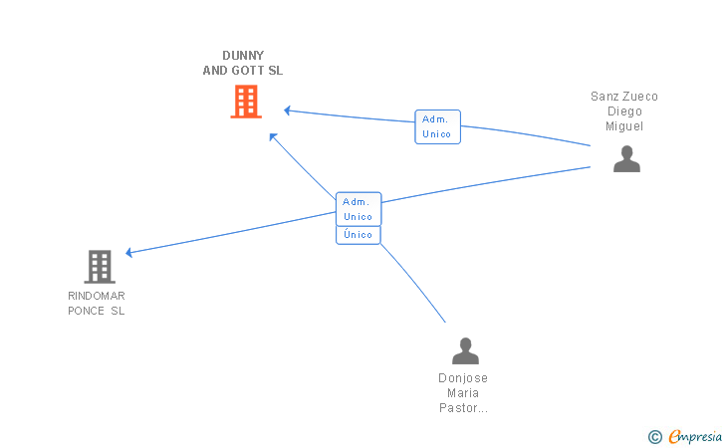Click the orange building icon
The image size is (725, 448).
click(x=246, y=102)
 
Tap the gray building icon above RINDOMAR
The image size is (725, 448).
click(x=100, y=267)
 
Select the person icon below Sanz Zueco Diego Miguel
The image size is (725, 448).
click(x=626, y=158)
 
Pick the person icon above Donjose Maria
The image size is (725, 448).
click(x=465, y=350)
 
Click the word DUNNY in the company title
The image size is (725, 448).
click(x=243, y=56)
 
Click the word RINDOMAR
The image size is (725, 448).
click(x=97, y=296)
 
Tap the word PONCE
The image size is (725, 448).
click(x=86, y=311)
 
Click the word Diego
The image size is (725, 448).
click(x=624, y=112)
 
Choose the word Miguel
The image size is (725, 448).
click(x=624, y=126)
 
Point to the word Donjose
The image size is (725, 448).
click(x=463, y=378)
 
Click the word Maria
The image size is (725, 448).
click(x=463, y=393)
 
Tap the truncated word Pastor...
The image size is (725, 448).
click(x=463, y=408)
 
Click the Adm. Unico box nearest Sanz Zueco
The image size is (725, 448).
click(x=437, y=126)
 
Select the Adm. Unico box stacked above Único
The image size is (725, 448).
click(x=359, y=209)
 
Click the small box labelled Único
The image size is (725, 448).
click(x=359, y=235)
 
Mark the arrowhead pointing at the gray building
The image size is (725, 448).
click(x=129, y=252)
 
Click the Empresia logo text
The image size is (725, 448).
click(x=695, y=436)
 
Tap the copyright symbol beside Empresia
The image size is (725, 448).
click(x=654, y=437)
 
